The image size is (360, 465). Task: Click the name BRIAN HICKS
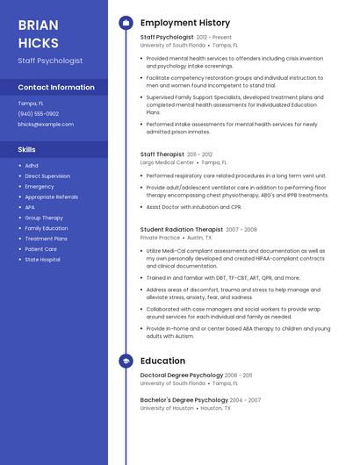(39, 33)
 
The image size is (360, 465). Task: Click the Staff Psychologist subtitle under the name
(50, 61)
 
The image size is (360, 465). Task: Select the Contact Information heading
(56, 87)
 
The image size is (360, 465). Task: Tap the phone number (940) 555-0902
(39, 113)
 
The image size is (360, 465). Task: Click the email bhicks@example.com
(46, 125)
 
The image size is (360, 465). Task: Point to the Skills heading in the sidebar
(26, 149)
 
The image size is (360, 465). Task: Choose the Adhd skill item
(32, 165)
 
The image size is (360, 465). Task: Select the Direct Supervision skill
(47, 175)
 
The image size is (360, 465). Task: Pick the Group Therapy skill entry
(44, 218)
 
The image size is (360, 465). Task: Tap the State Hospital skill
(42, 260)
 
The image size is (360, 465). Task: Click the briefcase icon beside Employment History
(126, 22)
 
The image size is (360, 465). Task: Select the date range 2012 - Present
(214, 38)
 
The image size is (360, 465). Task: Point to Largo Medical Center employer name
(167, 162)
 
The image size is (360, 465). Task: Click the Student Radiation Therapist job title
(182, 229)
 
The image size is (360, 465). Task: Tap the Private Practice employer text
(160, 238)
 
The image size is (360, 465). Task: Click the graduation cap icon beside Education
(126, 361)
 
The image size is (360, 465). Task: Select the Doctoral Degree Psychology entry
(181, 376)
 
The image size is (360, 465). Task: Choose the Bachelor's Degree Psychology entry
(181, 400)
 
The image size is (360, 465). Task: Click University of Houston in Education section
(167, 408)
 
